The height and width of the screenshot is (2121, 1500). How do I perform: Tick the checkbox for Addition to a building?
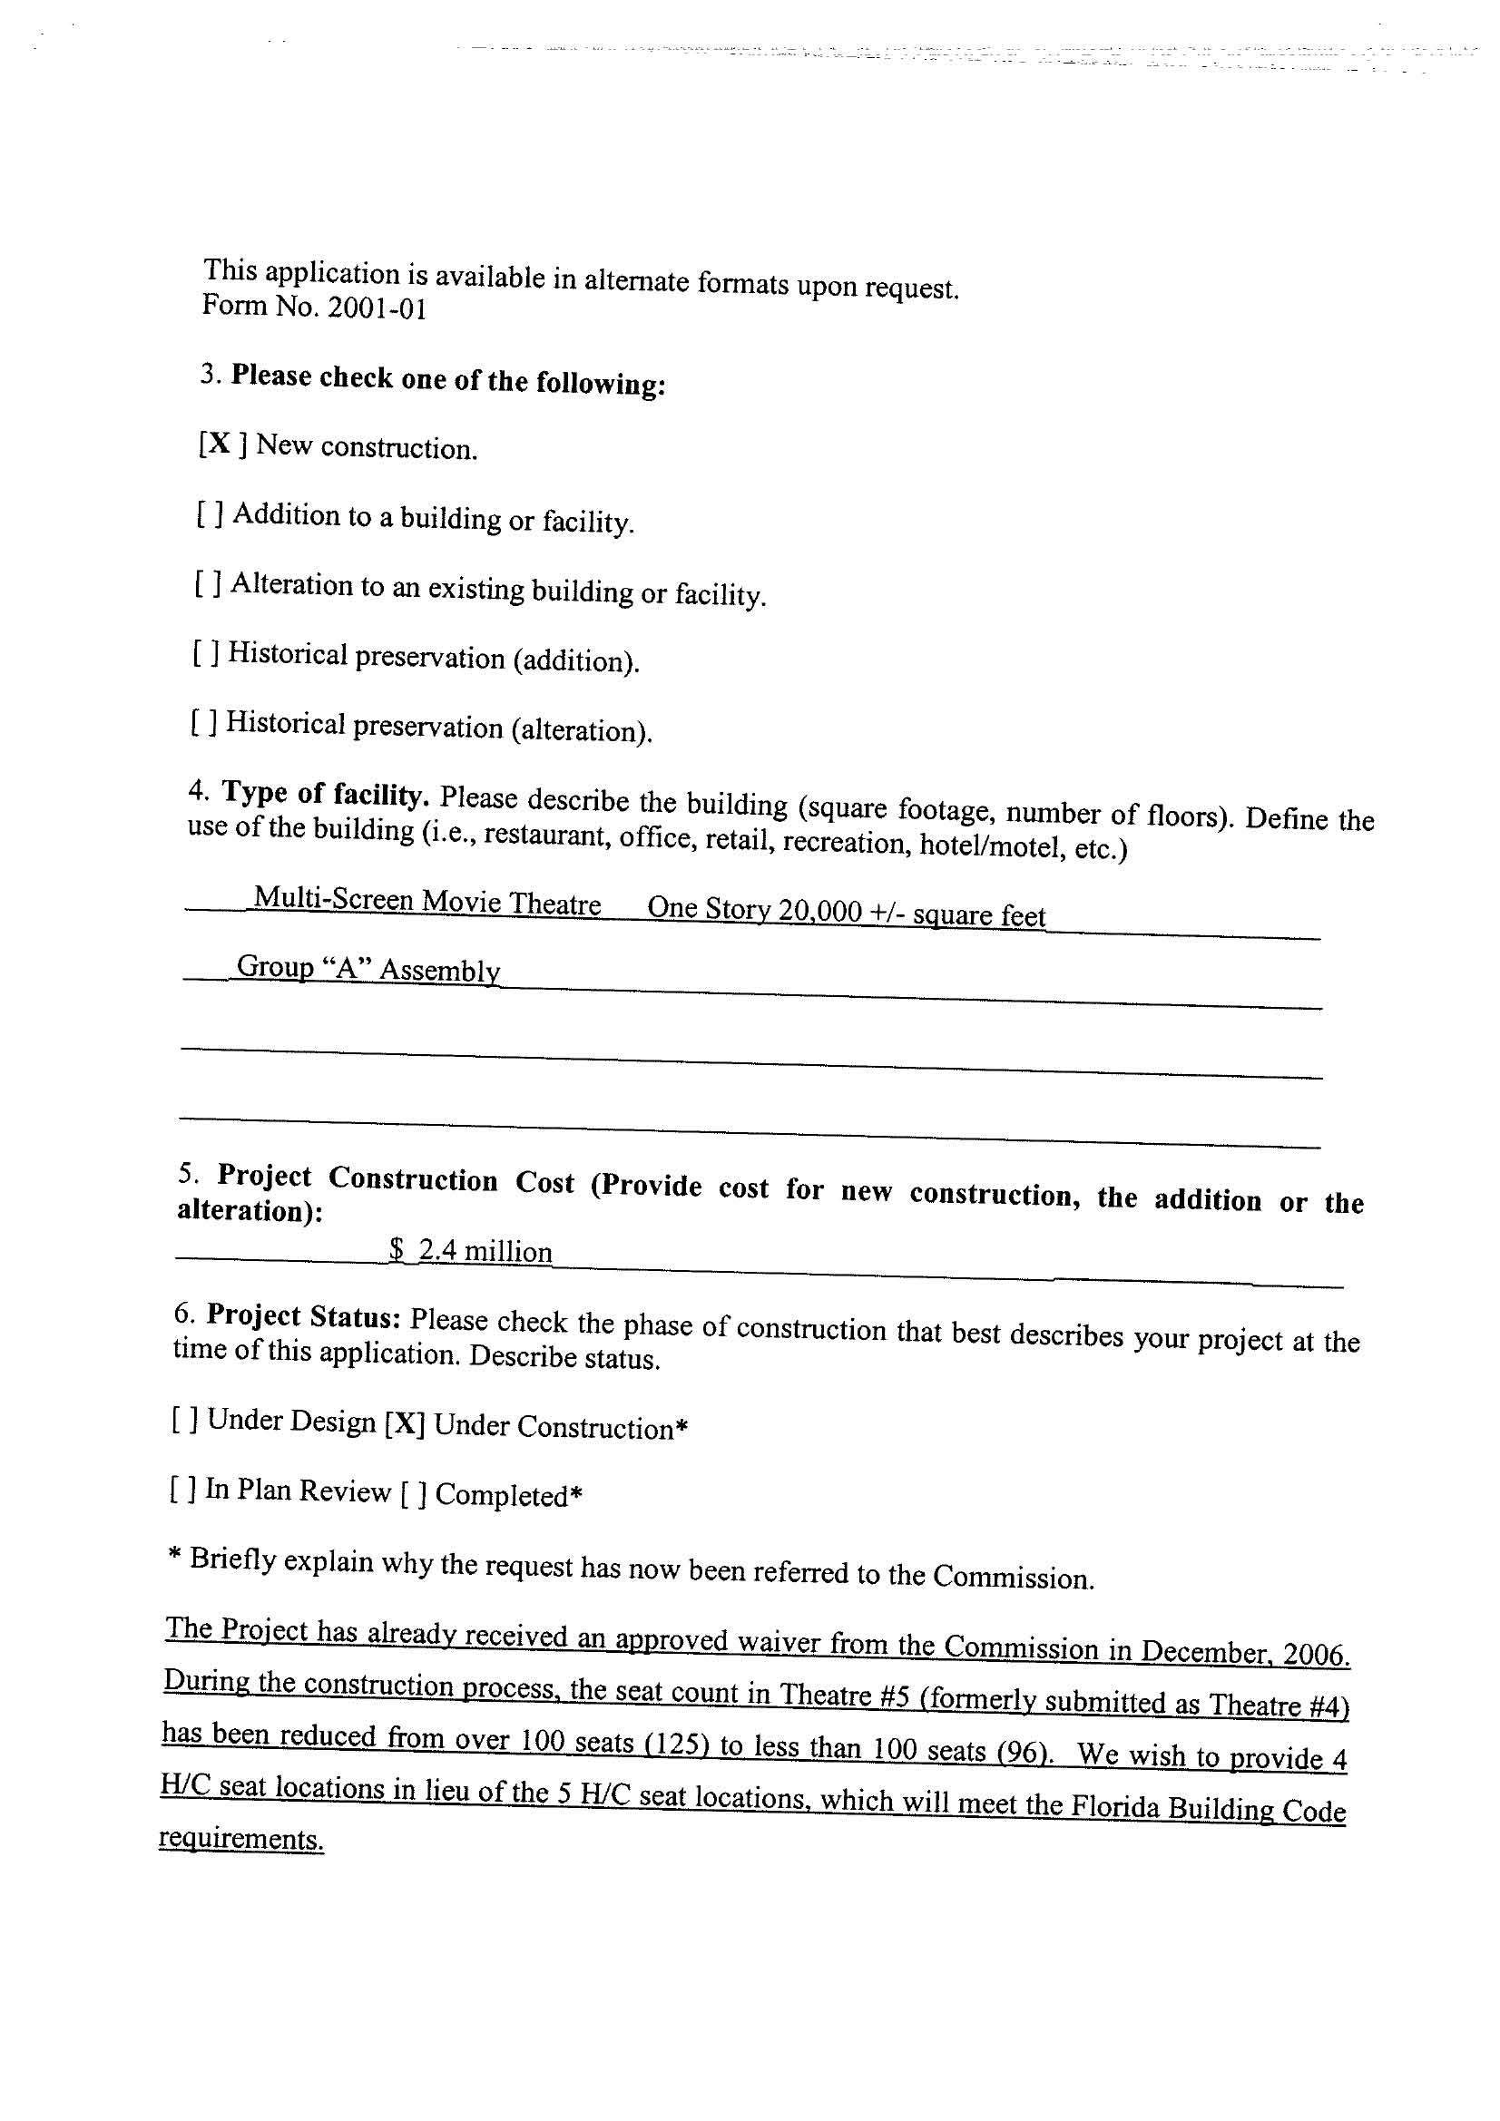click(209, 513)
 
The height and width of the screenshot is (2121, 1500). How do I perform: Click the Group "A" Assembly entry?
click(368, 968)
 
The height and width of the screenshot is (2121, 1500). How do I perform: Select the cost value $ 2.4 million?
click(470, 1251)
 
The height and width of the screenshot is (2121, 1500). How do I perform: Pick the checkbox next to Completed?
click(413, 1494)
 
